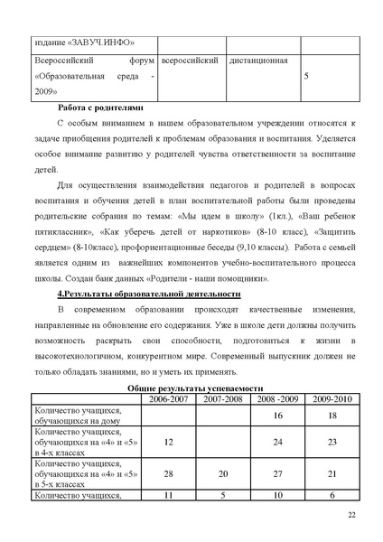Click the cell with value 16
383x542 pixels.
(277, 415)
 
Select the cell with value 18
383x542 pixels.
(332, 415)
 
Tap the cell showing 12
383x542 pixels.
(169, 443)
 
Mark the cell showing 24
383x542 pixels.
(277, 443)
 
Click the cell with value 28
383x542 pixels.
(169, 472)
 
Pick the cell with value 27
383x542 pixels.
(277, 472)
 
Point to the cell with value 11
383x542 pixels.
(169, 495)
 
